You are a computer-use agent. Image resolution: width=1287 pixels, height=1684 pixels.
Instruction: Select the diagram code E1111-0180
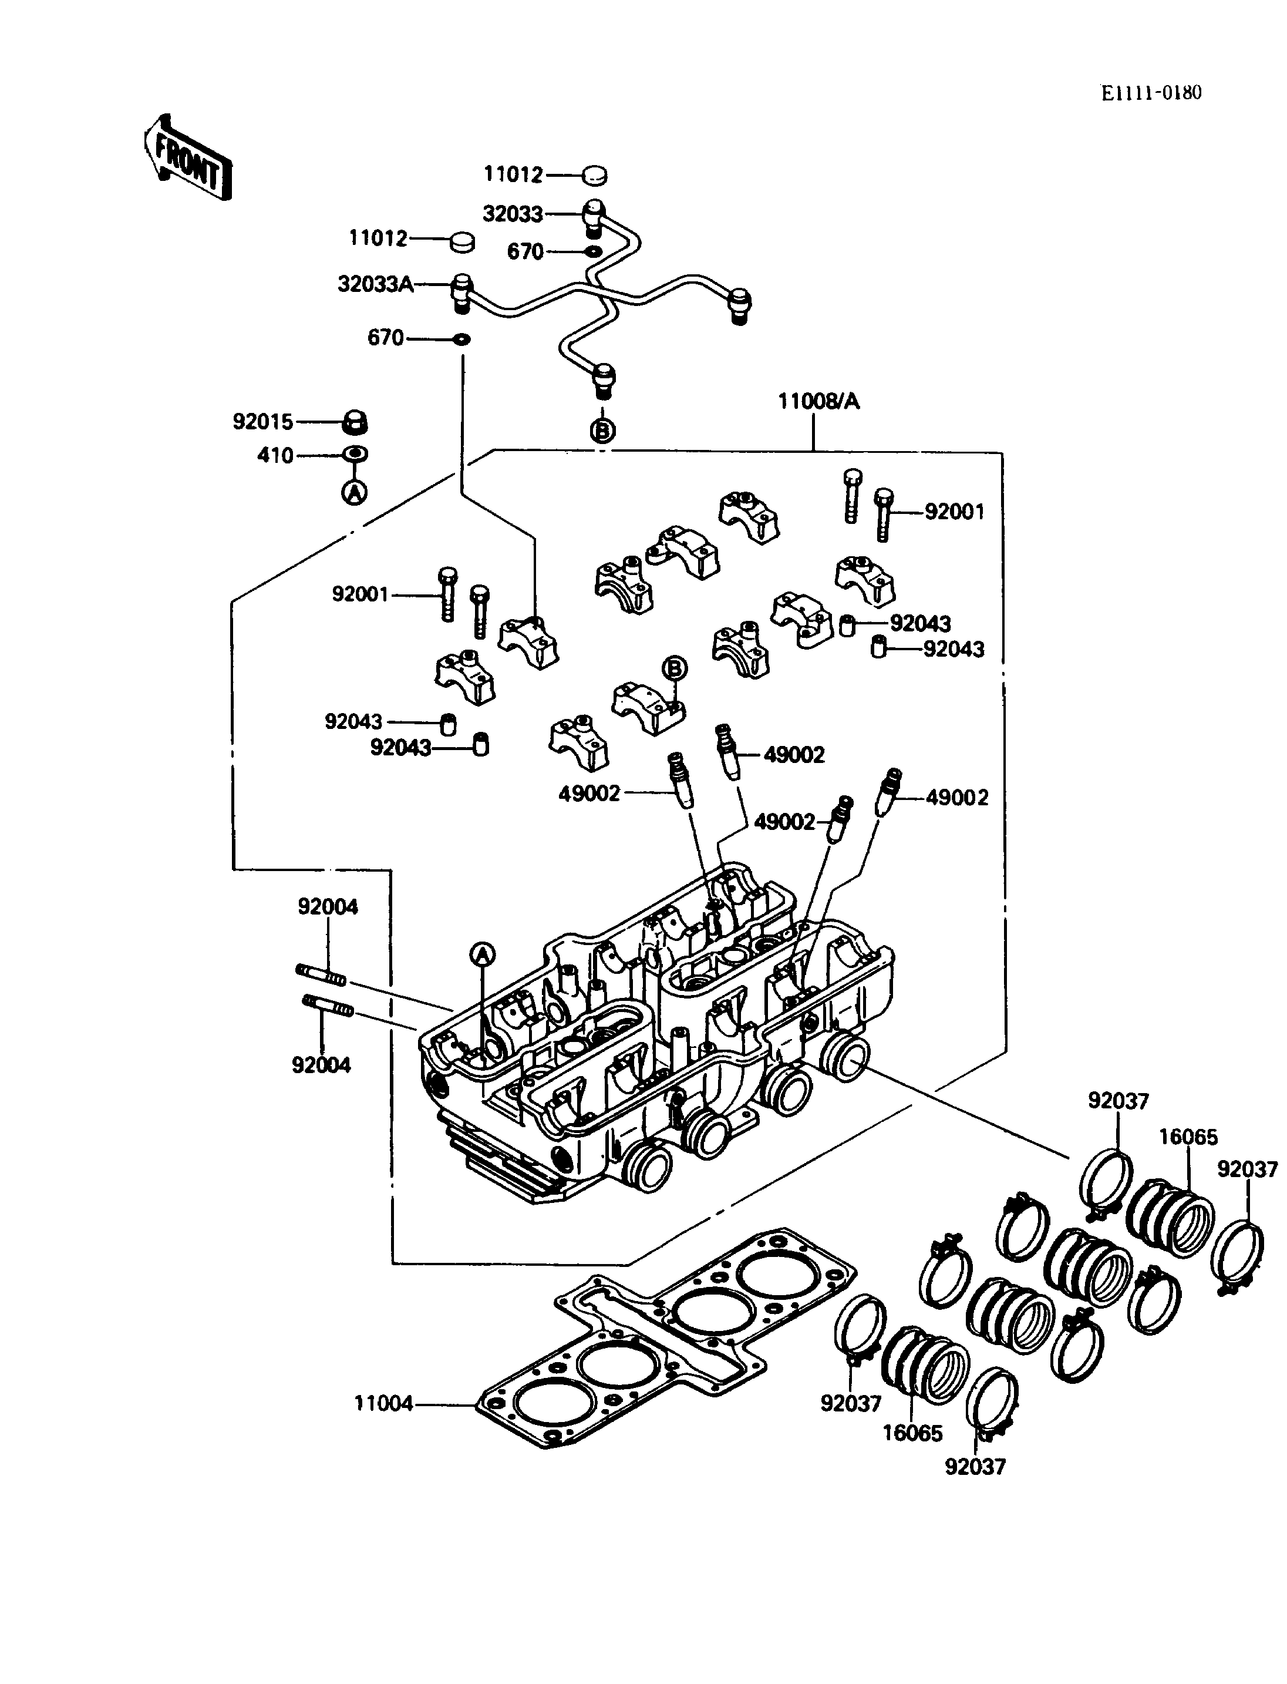click(1151, 93)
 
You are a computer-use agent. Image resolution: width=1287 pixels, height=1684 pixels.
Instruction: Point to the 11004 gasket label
click(383, 1403)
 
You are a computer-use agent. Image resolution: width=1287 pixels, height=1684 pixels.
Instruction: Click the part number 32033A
click(375, 284)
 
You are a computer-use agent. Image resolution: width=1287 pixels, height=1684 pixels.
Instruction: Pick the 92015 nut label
click(263, 422)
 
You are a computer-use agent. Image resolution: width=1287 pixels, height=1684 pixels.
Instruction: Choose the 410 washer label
click(275, 456)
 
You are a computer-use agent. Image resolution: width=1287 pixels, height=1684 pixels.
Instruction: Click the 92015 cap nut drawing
click(355, 422)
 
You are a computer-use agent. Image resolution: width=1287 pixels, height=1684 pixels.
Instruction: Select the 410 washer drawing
click(355, 455)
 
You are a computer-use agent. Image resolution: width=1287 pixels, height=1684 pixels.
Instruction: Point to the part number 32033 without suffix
click(513, 214)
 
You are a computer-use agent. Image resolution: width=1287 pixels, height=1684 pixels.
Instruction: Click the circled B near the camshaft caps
click(674, 668)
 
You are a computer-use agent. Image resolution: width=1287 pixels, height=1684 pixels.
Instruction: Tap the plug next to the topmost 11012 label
click(594, 176)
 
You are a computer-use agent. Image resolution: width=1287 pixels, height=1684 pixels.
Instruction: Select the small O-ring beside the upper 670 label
click(593, 251)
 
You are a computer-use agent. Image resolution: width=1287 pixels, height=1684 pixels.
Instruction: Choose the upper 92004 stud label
click(328, 907)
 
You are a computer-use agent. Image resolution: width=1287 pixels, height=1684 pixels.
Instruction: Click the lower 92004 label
click(321, 1065)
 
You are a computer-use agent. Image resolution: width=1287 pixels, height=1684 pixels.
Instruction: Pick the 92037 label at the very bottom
click(975, 1466)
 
